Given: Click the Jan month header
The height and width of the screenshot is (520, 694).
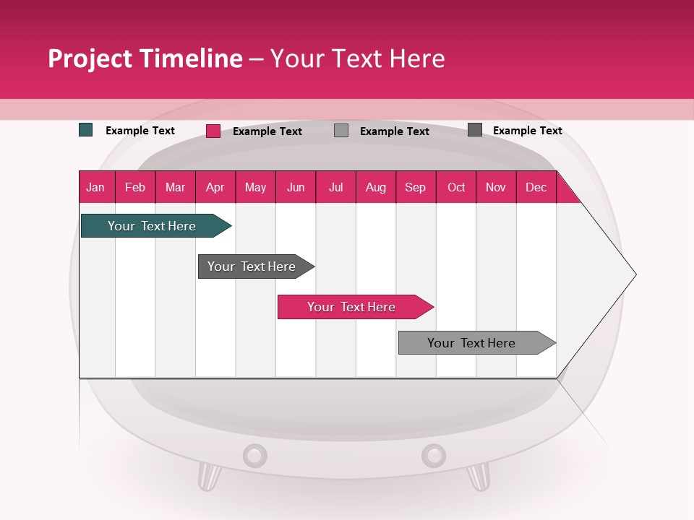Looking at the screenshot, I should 96,187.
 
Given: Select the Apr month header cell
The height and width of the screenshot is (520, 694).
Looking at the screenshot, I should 215,187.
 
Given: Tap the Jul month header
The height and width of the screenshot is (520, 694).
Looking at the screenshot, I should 335,187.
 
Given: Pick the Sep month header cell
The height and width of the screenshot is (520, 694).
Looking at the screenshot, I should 416,187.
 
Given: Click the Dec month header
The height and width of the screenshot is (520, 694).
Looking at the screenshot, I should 536,187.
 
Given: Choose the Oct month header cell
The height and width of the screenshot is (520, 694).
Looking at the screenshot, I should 455,187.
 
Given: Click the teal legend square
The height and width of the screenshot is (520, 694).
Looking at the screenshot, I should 86,130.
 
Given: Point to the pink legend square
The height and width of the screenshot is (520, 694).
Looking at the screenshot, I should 213,131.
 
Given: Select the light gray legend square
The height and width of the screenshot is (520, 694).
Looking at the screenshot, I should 341,130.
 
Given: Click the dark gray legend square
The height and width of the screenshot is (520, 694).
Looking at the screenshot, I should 475,129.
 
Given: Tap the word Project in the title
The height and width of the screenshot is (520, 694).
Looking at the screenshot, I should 90,58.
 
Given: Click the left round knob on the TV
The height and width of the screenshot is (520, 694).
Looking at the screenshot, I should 254,456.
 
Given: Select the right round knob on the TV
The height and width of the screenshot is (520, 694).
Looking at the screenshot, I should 434,456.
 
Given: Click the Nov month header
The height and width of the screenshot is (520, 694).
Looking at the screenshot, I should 496,187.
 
